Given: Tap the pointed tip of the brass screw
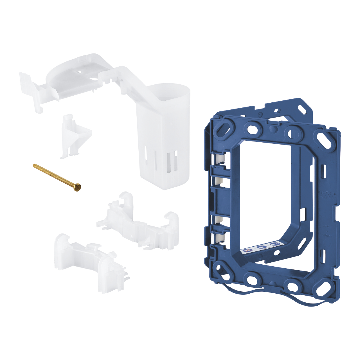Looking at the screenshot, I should point(34,165).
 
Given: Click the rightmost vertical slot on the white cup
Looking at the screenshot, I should point(175,160).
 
